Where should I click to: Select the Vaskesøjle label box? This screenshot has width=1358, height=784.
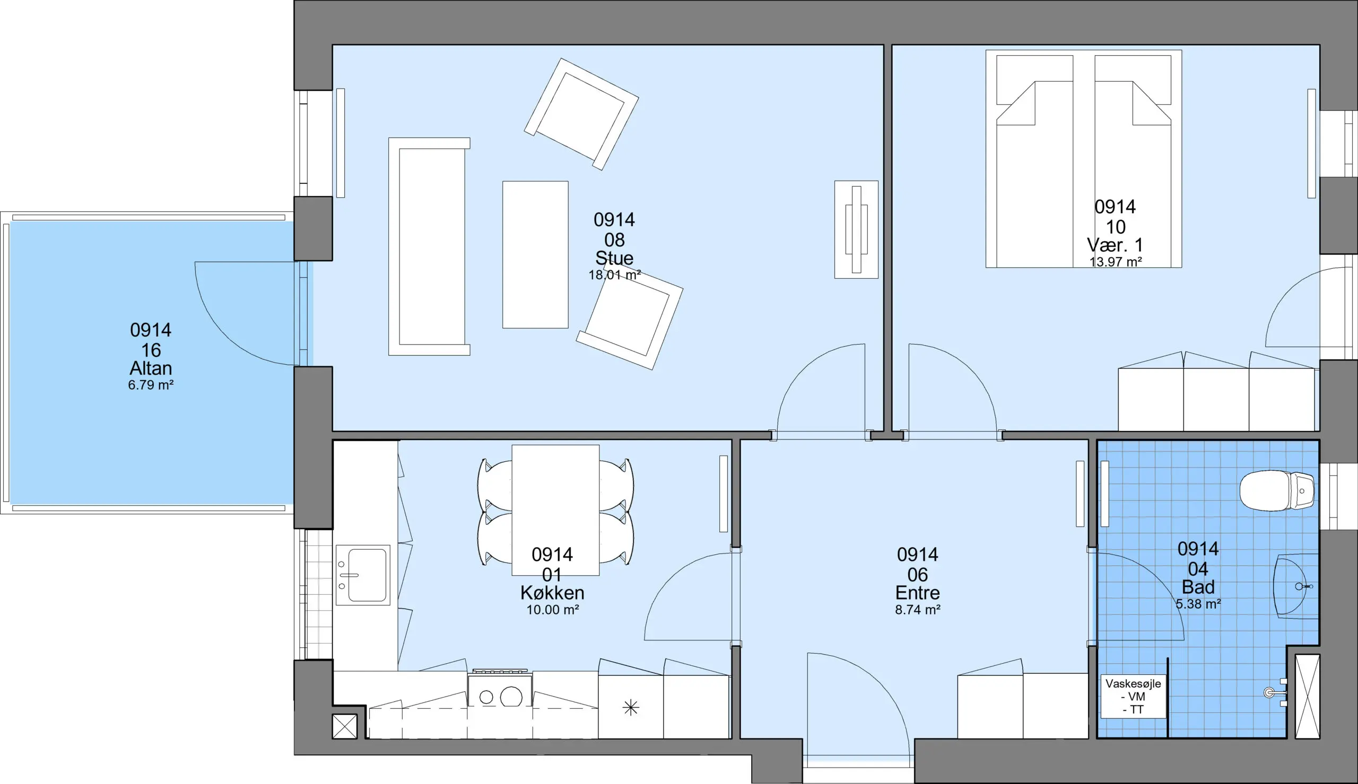[x=1134, y=696]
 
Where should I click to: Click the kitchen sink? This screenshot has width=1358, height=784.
[x=363, y=575]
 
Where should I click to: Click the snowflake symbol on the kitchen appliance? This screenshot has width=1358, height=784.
[x=630, y=707]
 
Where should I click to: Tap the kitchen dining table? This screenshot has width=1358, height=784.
[x=555, y=510]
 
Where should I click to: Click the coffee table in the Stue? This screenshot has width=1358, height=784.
[x=535, y=254]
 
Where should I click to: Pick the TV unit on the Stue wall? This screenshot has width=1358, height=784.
[x=857, y=230]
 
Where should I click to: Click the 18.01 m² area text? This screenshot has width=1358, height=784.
[x=614, y=275]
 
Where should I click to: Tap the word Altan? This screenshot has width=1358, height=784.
[x=151, y=368]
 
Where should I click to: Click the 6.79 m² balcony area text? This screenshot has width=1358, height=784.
[x=151, y=385]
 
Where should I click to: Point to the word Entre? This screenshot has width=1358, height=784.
[x=917, y=593]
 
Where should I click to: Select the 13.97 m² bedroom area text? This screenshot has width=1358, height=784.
[x=1116, y=262]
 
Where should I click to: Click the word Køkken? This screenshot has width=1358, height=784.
[x=552, y=593]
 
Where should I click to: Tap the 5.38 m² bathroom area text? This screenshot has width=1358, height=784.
[x=1198, y=604]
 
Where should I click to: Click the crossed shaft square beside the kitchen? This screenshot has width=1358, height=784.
[x=345, y=726]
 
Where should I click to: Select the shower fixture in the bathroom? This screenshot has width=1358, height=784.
[x=1276, y=692]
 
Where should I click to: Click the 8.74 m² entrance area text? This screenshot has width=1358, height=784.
[x=917, y=610]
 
